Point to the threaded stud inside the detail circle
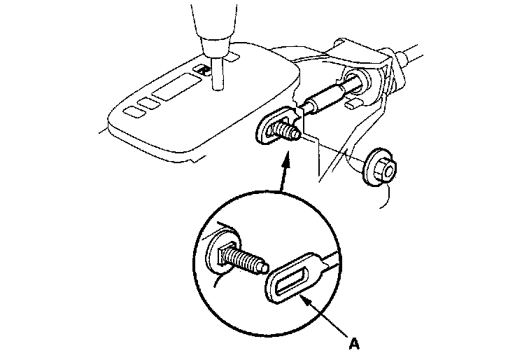pos(241,261)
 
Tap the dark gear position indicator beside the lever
pos(203,69)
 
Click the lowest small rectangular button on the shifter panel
pos(131,111)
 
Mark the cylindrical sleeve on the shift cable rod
pos(323,97)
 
